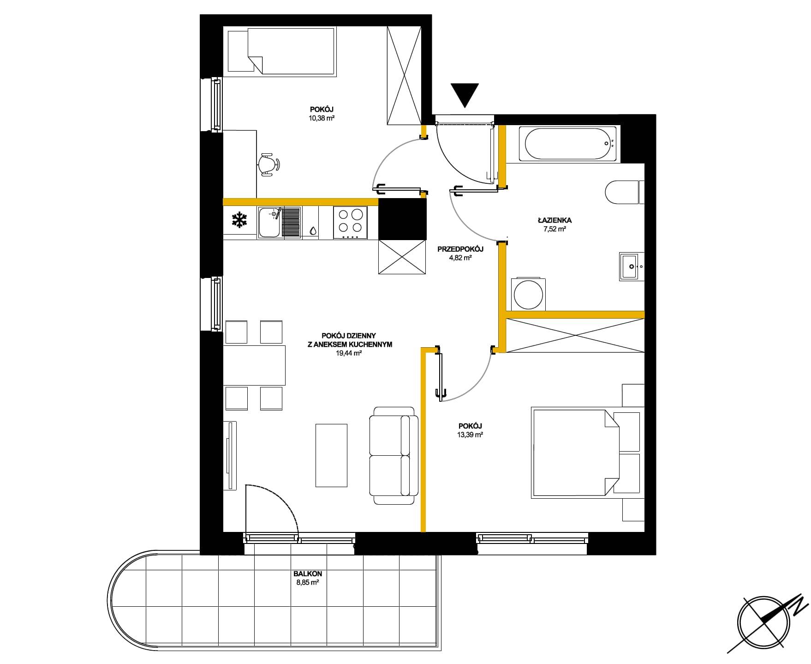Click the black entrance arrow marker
click(x=465, y=95)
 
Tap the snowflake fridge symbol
click(x=239, y=220)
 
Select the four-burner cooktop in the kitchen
click(x=351, y=223)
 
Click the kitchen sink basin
click(x=269, y=223)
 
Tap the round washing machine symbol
click(x=529, y=294)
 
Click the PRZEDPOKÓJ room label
click(x=460, y=249)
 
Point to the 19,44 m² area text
click(x=349, y=353)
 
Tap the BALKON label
click(x=307, y=573)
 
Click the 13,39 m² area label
click(x=470, y=435)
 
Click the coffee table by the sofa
click(x=331, y=455)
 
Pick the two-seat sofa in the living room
click(x=394, y=455)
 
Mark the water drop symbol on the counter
click(x=313, y=230)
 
